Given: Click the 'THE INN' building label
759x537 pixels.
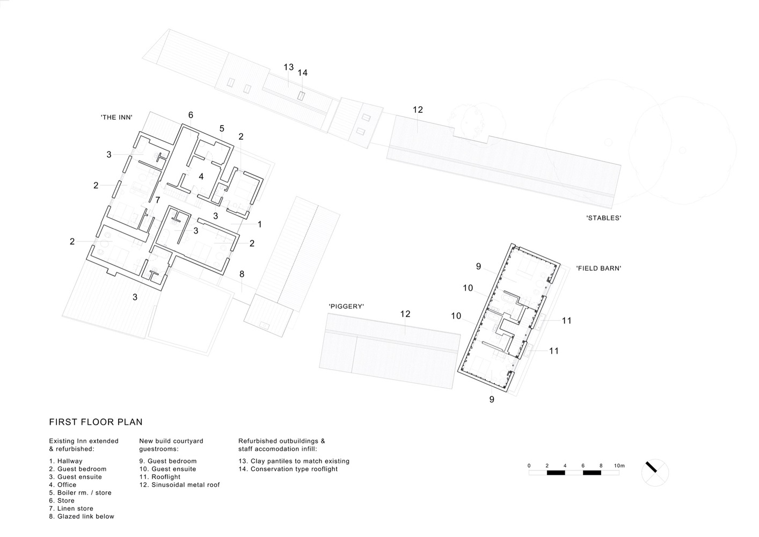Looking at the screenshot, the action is click(x=116, y=117).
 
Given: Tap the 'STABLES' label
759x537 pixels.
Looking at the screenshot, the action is click(x=603, y=218).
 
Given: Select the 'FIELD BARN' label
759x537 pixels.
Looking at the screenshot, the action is click(x=599, y=268).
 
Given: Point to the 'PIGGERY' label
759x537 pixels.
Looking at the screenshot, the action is click(x=346, y=306).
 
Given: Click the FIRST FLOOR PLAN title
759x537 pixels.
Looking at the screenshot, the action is click(x=96, y=422).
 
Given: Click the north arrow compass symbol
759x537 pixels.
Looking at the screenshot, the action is click(x=655, y=473).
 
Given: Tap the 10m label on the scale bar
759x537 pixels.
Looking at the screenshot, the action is click(x=619, y=466).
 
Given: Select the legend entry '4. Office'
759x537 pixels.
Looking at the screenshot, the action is click(x=63, y=485).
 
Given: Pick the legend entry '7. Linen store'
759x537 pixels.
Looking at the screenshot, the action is click(x=71, y=509).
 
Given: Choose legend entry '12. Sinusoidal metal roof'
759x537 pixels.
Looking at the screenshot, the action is click(x=180, y=485).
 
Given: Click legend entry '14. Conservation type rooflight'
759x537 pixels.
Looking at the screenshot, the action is click(x=288, y=469).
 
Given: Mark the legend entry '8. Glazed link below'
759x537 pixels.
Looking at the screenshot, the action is click(x=82, y=516).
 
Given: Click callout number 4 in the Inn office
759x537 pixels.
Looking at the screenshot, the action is click(x=201, y=177).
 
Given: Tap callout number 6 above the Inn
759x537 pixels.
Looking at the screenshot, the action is click(x=191, y=115).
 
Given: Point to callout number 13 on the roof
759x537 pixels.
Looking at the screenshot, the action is click(x=288, y=67).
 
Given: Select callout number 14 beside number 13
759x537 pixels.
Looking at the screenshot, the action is click(x=303, y=72).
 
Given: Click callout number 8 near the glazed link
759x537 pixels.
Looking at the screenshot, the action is click(x=242, y=274).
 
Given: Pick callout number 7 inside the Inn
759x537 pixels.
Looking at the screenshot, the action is click(x=158, y=200).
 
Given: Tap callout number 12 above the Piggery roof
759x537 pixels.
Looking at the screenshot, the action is click(x=405, y=314).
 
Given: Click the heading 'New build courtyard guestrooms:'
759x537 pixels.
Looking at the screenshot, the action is click(x=171, y=445).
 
